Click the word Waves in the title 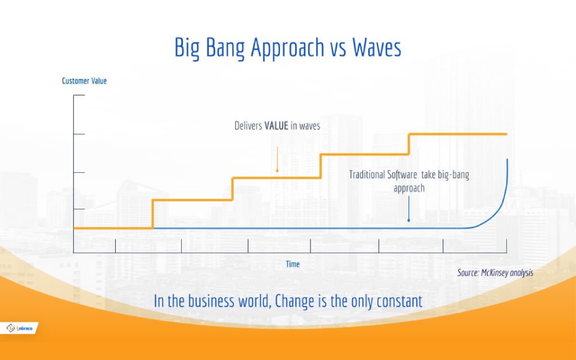click(x=376, y=48)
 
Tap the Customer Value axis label click(x=84, y=81)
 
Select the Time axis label click(x=292, y=264)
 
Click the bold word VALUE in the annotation click(x=276, y=126)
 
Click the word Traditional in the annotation click(x=367, y=175)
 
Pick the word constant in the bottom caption click(x=397, y=301)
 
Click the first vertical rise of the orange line click(x=152, y=214)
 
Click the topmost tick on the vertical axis click(x=79, y=96)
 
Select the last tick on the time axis click(x=507, y=246)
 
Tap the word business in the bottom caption click(x=226, y=301)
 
